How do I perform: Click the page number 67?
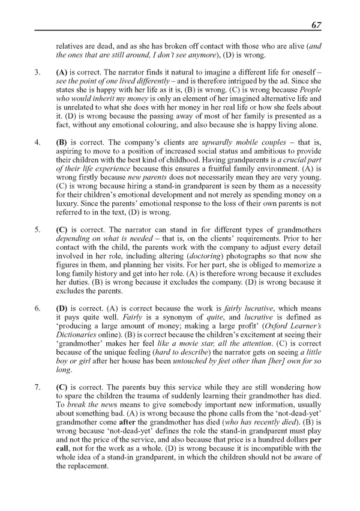point(317,25)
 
